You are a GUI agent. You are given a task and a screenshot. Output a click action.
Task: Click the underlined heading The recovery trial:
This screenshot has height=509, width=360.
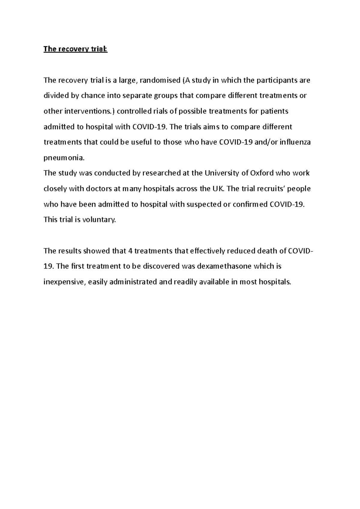75,49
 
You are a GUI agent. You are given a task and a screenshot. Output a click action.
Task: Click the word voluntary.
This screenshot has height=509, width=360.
99,220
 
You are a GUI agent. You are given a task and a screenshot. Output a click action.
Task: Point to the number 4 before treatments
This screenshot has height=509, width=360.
130,251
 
